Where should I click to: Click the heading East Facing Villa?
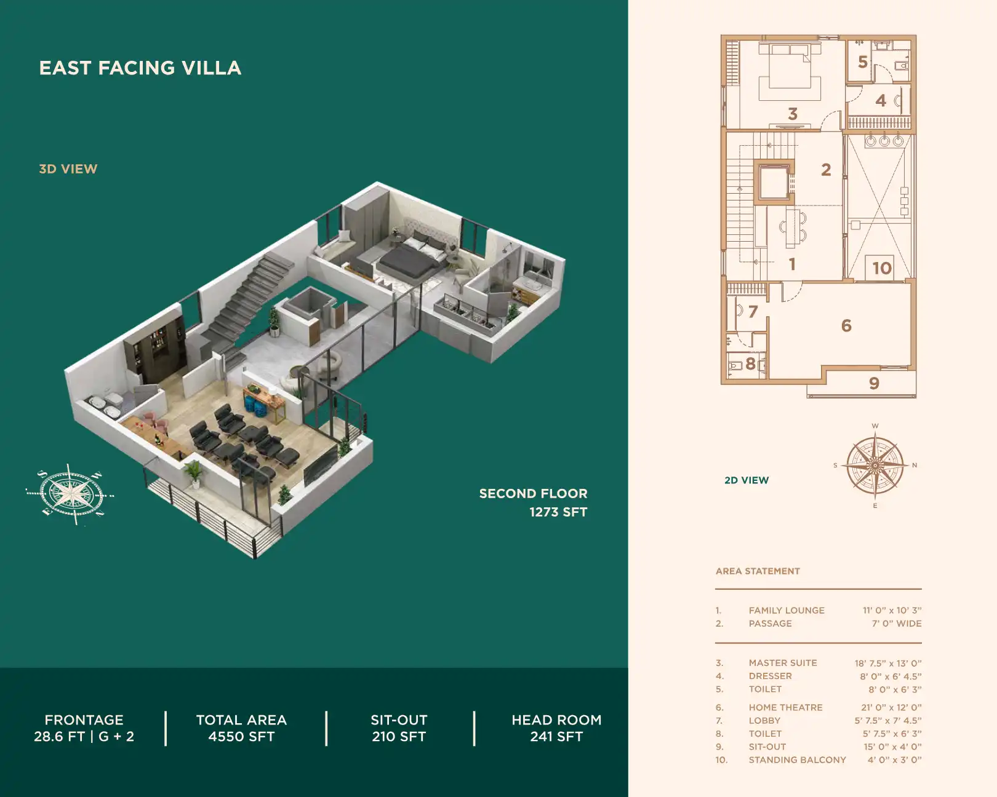(140, 68)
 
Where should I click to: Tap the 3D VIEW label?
(68, 169)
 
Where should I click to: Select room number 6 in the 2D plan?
(846, 325)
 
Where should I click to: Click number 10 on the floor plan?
(881, 268)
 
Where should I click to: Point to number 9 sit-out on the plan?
(874, 384)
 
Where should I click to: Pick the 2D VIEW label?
(747, 480)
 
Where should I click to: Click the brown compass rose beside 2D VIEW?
(875, 466)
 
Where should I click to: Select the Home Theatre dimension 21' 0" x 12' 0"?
(891, 708)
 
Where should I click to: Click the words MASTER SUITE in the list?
(783, 663)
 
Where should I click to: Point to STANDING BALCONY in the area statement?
(797, 760)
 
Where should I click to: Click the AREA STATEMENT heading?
(758, 571)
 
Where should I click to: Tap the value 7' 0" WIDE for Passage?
(896, 624)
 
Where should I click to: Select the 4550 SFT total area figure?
(241, 737)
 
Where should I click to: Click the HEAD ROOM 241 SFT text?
(556, 728)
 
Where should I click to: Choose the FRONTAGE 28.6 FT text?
(84, 728)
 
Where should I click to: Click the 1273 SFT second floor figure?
(558, 512)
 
